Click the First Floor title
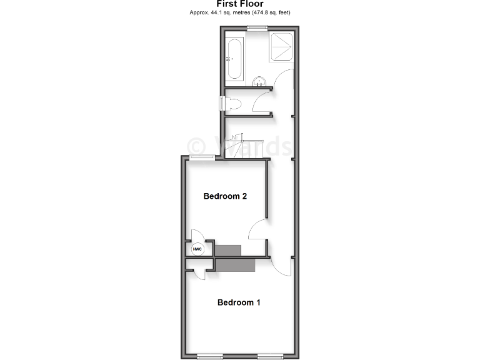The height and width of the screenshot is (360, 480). (239, 4)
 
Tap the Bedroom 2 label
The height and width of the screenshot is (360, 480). (226, 196)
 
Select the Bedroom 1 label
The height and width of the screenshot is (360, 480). (239, 302)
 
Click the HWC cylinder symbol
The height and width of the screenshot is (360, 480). (197, 249)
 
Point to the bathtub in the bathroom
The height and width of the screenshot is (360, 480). (234, 59)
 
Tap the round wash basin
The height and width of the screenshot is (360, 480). (259, 81)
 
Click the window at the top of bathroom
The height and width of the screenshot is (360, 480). (256, 26)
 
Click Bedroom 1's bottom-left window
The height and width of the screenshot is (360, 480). (209, 356)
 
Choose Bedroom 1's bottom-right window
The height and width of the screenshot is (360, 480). (271, 356)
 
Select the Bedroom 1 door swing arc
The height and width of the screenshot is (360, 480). (283, 267)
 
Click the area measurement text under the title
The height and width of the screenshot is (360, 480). (239, 12)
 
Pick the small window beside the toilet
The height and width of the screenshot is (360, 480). (221, 104)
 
